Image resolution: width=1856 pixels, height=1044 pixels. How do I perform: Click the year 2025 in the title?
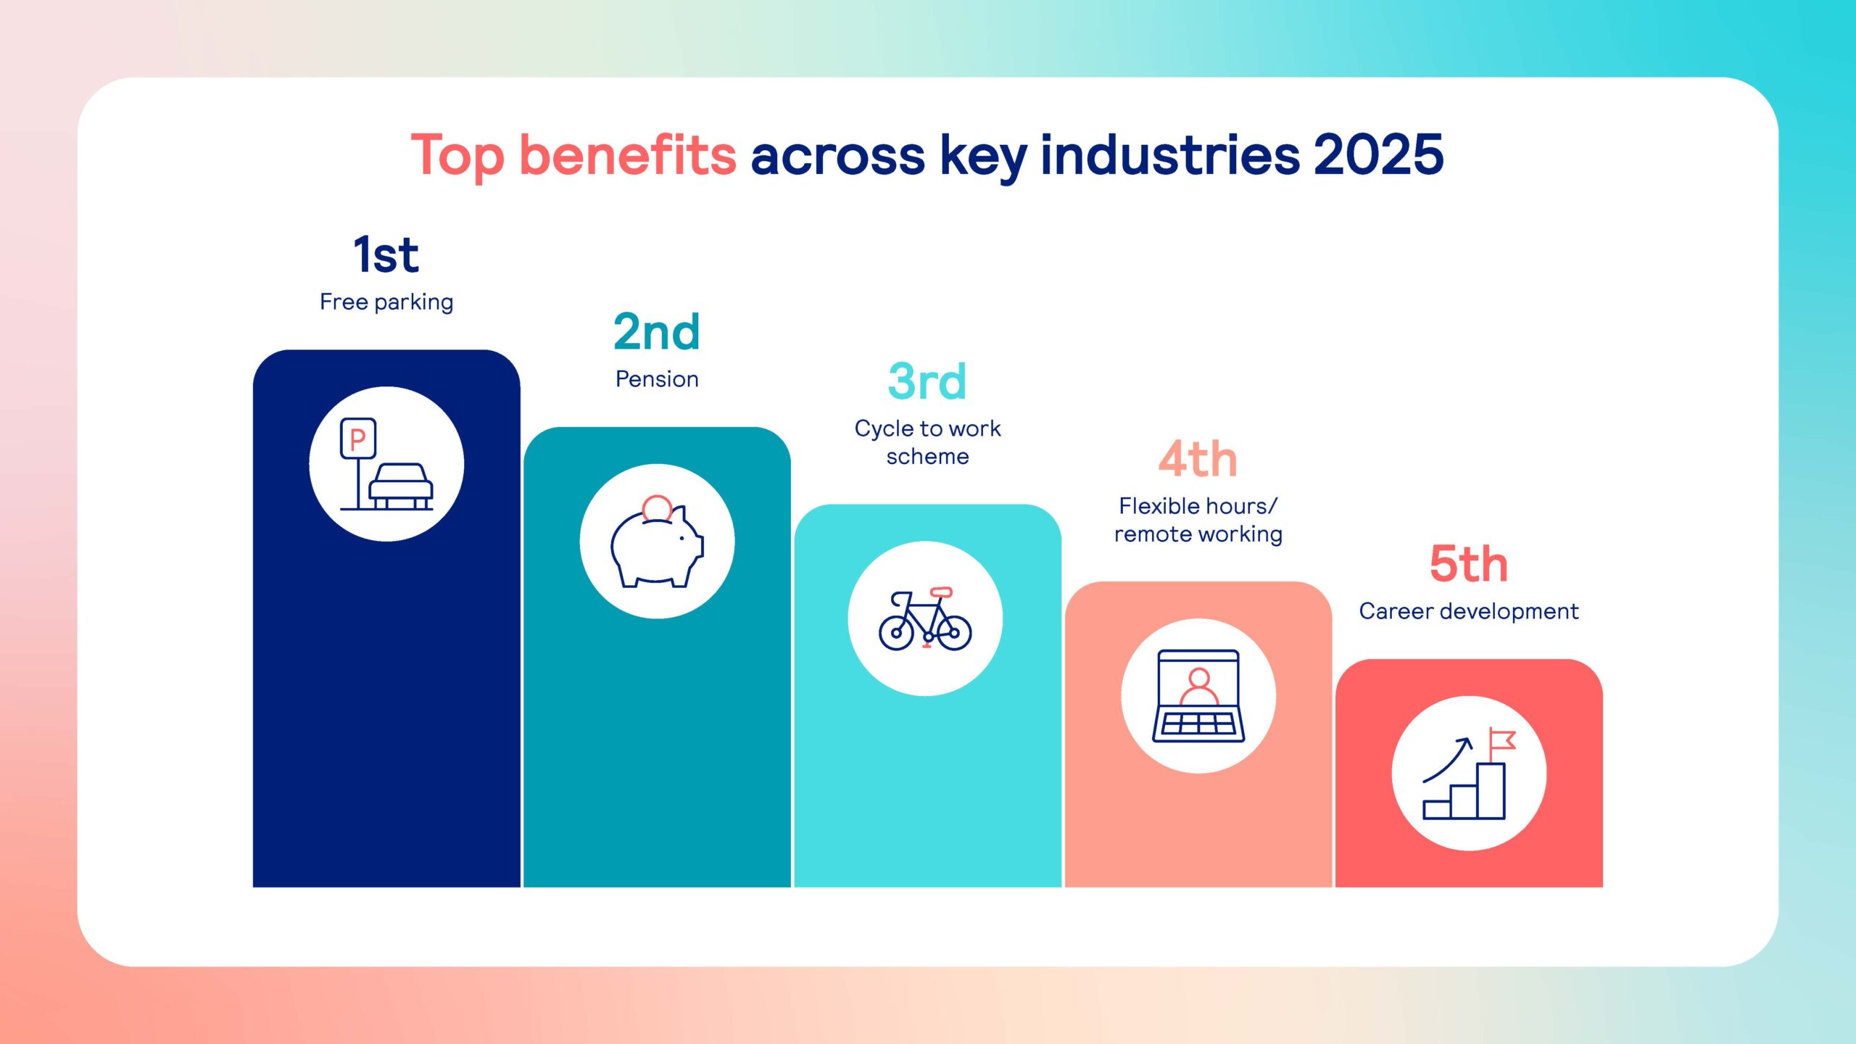coord(1378,154)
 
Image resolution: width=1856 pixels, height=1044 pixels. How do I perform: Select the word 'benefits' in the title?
coord(628,154)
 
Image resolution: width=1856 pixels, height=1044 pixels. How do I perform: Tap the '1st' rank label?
coord(386,254)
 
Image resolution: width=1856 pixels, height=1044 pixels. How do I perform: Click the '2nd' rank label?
coord(657,332)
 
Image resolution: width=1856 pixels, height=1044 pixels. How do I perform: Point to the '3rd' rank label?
coord(927,381)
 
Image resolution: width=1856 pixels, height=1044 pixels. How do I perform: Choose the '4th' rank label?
coord(1198,459)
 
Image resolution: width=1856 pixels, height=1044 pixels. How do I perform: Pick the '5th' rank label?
coord(1469,564)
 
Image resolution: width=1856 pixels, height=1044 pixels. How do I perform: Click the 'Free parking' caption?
coord(386,302)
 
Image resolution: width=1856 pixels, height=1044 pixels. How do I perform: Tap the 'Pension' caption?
coord(657,379)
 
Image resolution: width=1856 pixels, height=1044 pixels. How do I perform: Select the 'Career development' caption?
coord(1469,611)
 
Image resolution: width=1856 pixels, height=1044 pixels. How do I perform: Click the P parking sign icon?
coord(358,439)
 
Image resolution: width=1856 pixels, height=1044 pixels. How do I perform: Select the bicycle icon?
coord(925,618)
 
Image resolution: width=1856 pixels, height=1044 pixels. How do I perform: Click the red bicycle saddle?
coord(941,592)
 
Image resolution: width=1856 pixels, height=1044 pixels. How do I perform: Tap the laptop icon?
coord(1198,696)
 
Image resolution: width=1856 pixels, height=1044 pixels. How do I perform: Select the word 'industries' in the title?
coord(1170,154)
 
